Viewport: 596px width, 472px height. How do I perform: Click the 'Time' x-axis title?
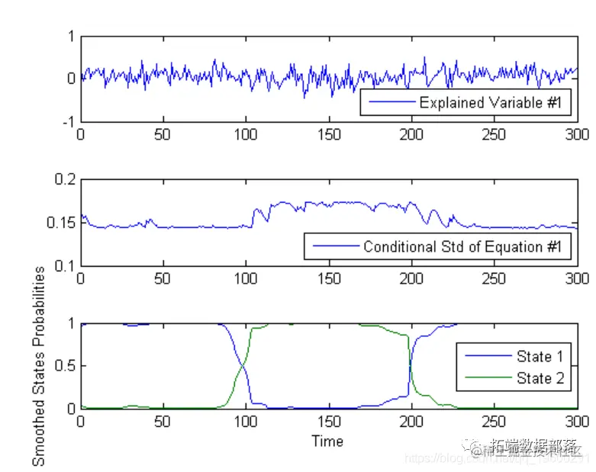(327, 441)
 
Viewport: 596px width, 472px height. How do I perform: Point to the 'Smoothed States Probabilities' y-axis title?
(39, 366)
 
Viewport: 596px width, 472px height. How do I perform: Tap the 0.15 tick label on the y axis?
(60, 223)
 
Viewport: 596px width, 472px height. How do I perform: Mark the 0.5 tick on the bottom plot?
(63, 366)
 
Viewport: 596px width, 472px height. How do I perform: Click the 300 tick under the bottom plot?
(578, 422)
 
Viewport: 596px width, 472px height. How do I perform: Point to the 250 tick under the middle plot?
(495, 278)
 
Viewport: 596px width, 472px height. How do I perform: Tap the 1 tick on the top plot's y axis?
(71, 36)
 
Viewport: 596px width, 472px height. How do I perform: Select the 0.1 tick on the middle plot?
(63, 265)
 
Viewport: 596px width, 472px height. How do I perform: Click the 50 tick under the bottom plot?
(163, 422)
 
